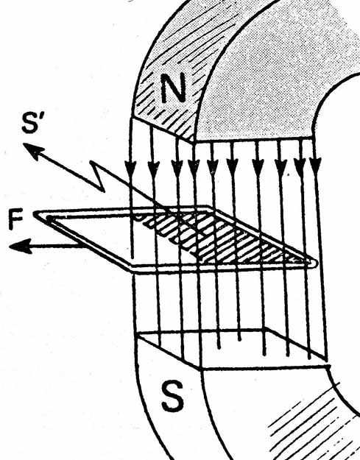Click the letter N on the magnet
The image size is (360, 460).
pyautogui.click(x=174, y=88)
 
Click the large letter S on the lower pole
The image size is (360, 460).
pyautogui.click(x=173, y=396)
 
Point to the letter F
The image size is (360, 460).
pyautogui.click(x=15, y=219)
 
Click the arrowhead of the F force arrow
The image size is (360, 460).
pyautogui.click(x=20, y=246)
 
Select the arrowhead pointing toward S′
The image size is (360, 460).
pyautogui.click(x=33, y=150)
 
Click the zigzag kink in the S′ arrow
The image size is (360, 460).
pyautogui.click(x=98, y=177)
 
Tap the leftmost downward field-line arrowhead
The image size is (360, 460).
pyautogui.click(x=130, y=169)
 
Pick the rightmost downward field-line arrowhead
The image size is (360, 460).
pyautogui.click(x=315, y=166)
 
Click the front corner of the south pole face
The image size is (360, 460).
pyautogui.click(x=201, y=369)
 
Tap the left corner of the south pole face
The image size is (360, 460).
pyautogui.click(x=138, y=335)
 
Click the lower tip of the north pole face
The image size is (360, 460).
pyautogui.click(x=193, y=141)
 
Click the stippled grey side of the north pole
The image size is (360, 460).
pyautogui.click(x=264, y=74)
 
